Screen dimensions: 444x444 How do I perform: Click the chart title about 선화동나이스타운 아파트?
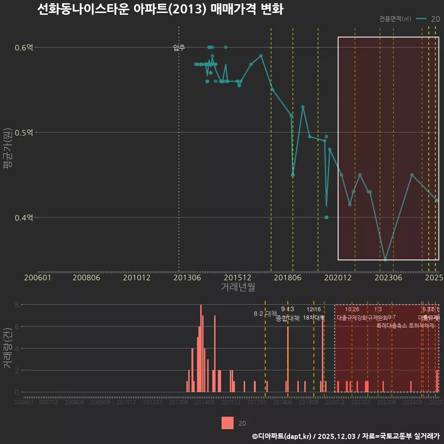pos(160,10)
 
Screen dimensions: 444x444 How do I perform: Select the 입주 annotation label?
pos(179,48)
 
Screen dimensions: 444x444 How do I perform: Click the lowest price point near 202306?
pos(385,260)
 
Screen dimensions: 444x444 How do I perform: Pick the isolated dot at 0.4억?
pos(327,217)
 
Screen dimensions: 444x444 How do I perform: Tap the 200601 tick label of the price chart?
pos(37,277)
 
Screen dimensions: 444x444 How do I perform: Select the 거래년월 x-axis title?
pos(238,287)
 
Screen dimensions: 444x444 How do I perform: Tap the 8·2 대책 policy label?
pos(265,314)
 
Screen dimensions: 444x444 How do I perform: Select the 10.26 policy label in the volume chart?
pos(352,309)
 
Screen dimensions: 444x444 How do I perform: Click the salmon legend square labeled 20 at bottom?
pos(228,423)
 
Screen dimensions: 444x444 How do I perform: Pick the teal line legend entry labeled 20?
pos(428,19)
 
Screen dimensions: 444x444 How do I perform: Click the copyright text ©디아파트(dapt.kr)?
pos(283,436)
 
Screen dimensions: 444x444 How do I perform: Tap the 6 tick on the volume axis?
pos(16,327)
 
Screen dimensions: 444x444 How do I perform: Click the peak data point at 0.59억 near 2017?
pos(261,55)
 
